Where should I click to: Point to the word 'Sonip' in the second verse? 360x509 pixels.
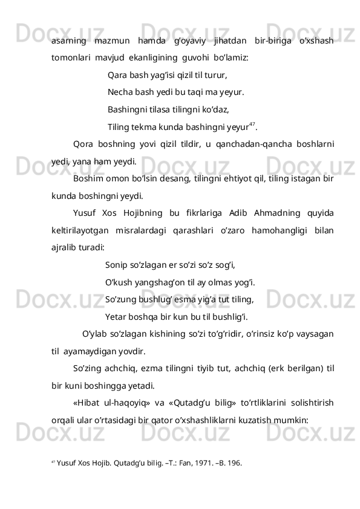coord(116,265)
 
